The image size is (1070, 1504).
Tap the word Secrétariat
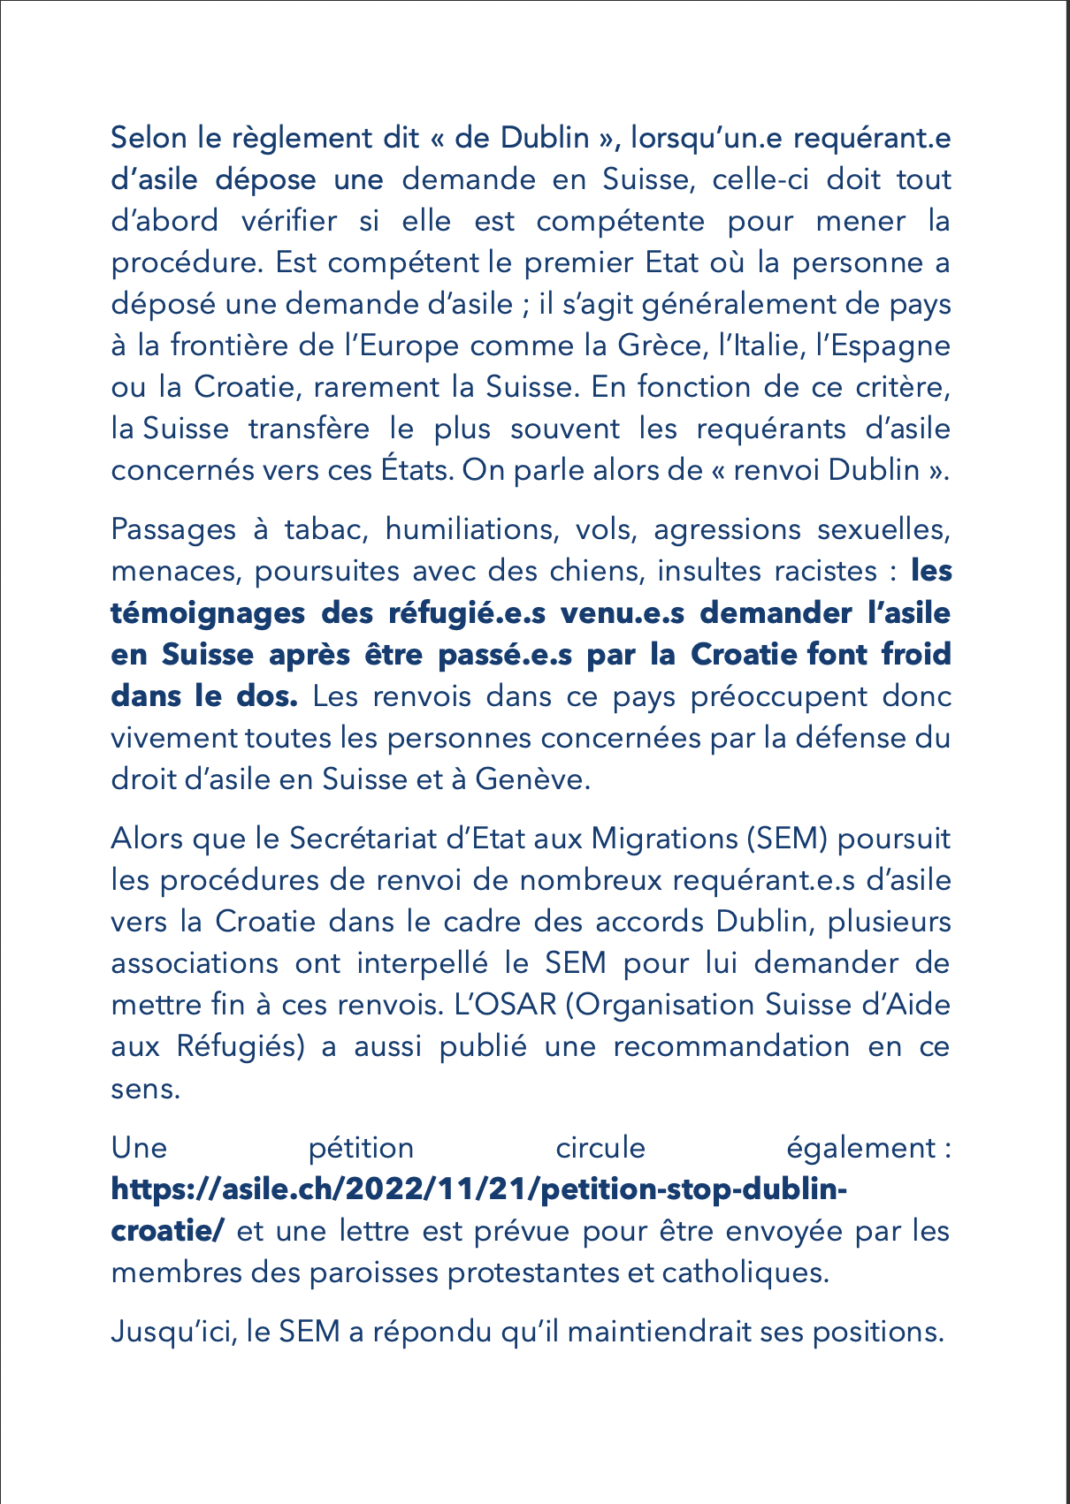point(364,838)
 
